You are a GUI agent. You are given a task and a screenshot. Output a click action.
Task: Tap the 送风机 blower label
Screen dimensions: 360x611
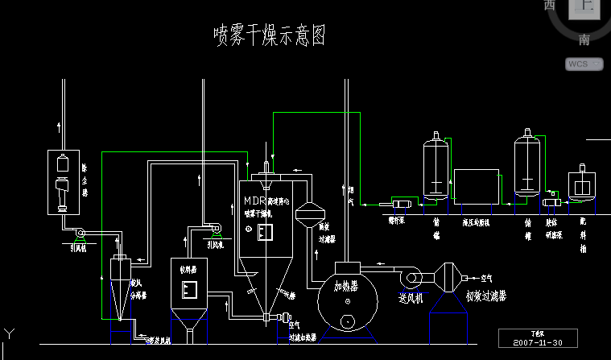tap(412, 297)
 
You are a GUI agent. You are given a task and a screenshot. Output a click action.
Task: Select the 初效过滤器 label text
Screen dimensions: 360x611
tap(486, 296)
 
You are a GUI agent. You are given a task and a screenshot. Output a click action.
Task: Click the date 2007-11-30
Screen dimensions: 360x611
tap(538, 341)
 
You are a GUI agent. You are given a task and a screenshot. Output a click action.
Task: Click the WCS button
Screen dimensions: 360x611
tap(584, 64)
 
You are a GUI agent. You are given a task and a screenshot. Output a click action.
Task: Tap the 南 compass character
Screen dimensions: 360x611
tap(584, 39)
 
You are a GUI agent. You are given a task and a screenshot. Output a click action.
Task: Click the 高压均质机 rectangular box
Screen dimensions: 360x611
tap(477, 188)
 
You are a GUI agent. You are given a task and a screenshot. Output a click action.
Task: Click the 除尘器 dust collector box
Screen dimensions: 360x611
tap(64, 182)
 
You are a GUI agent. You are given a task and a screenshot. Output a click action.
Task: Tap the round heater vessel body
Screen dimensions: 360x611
tap(347, 298)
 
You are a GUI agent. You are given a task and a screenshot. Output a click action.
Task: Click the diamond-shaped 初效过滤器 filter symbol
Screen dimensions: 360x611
tap(448, 278)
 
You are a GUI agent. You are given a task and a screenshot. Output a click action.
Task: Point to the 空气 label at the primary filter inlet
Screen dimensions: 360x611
tap(487, 278)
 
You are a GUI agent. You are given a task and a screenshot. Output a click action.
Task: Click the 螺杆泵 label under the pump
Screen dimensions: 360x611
tap(397, 220)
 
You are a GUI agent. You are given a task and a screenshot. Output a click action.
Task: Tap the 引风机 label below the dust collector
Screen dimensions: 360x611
tap(78, 249)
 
